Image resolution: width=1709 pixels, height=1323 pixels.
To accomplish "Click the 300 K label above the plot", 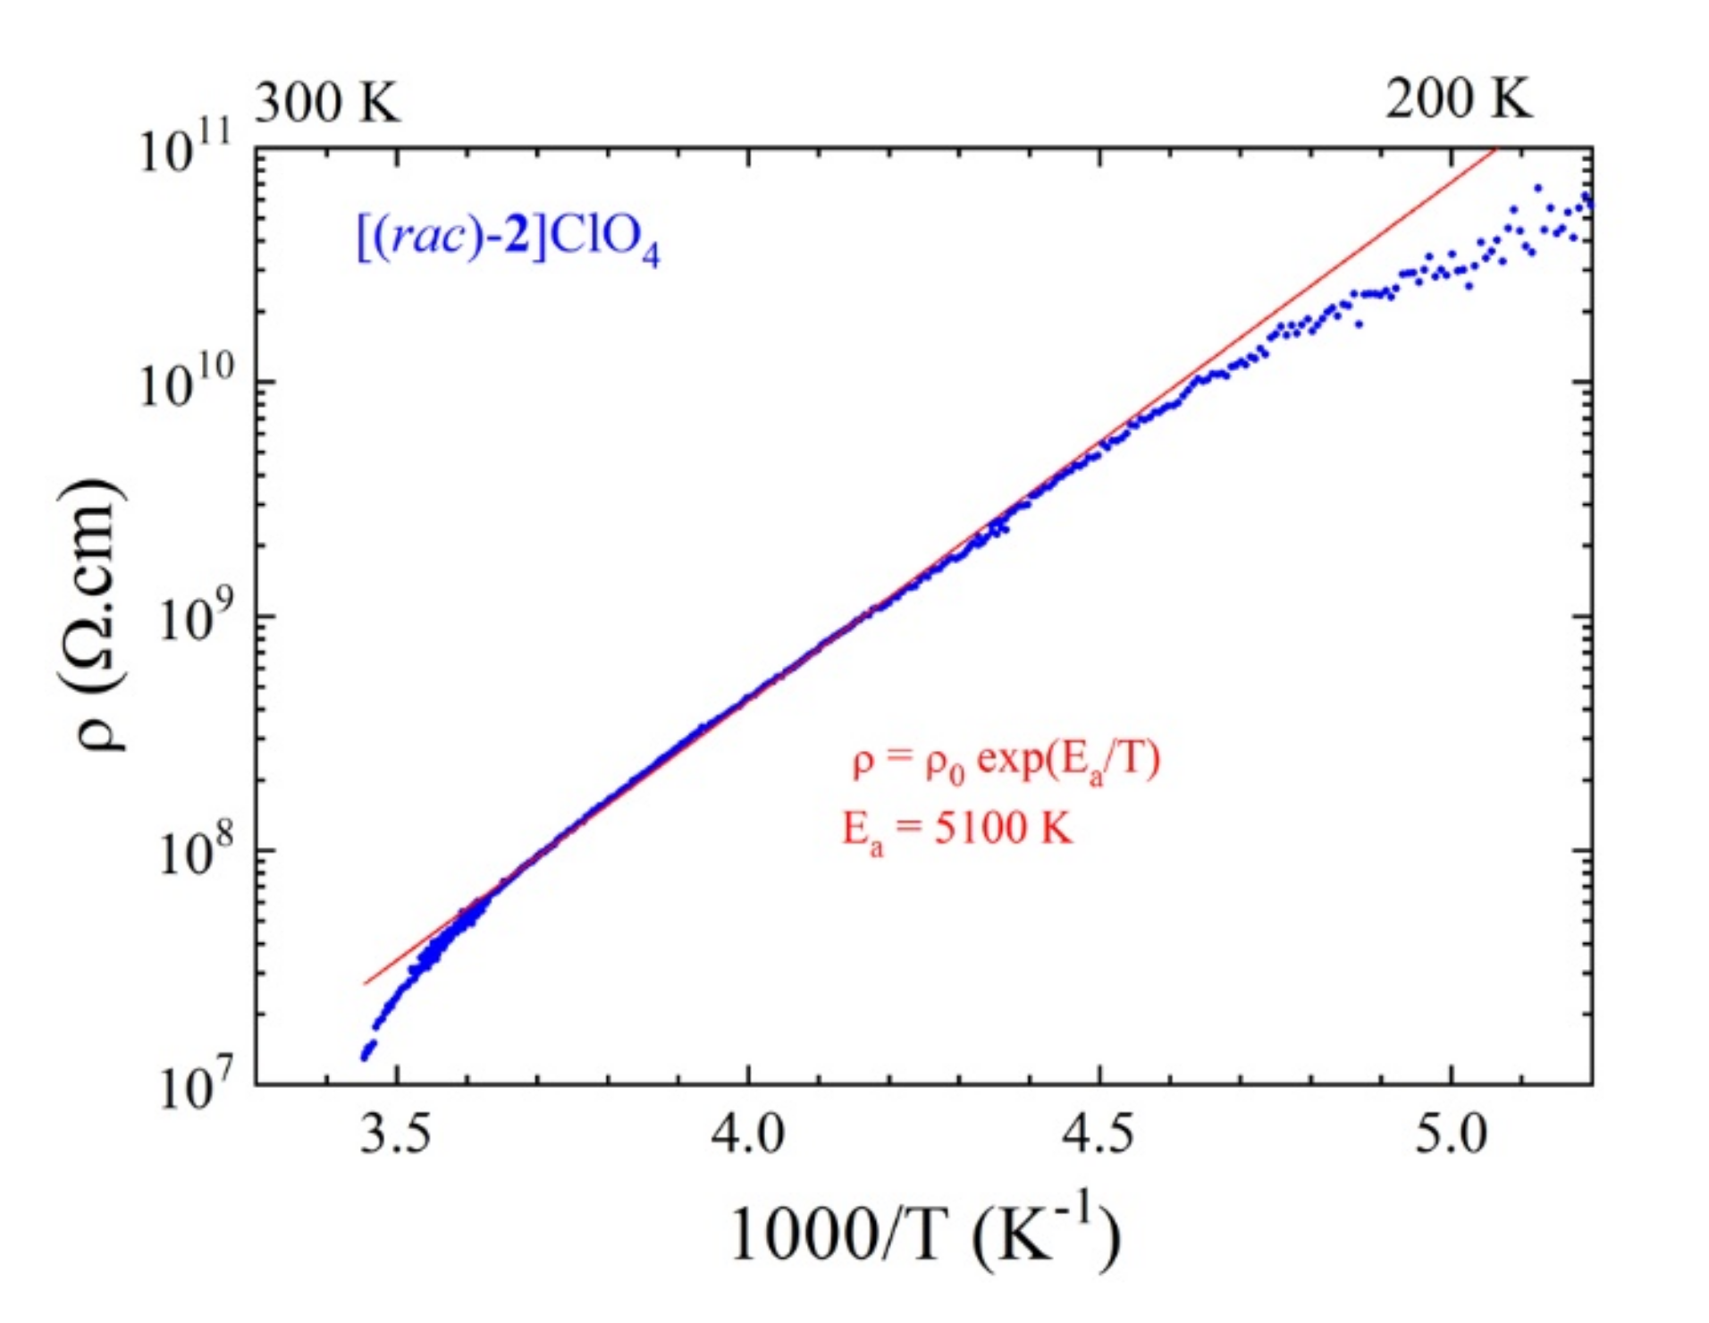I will coord(328,102).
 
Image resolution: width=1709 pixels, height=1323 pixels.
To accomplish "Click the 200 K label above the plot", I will coord(1458,98).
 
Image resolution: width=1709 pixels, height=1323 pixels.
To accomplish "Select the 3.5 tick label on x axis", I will coord(396,1133).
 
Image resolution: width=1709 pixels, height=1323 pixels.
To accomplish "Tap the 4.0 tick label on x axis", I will coord(747,1133).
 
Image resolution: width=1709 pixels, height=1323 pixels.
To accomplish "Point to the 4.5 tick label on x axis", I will coord(1098,1133).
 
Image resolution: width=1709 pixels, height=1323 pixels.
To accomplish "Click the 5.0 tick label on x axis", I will coord(1450,1133).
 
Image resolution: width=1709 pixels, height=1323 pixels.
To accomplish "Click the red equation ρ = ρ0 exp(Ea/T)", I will coord(1006,762).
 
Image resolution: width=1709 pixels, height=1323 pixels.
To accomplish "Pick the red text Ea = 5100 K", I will coord(956,830).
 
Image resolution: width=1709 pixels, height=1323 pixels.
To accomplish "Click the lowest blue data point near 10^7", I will coord(365,1058).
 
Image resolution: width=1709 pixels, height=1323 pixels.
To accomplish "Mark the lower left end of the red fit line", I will coord(365,984).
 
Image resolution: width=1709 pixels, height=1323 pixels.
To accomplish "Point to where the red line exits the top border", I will coord(1494,150).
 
